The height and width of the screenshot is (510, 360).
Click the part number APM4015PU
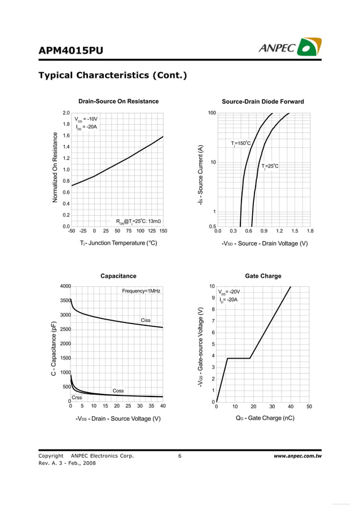(71, 51)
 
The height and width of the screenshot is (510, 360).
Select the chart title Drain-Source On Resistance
(118, 102)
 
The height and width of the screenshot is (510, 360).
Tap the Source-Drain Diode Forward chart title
(263, 102)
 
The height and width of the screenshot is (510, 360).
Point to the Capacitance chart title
(118, 276)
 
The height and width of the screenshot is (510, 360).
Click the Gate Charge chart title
(263, 276)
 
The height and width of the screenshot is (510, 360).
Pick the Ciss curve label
(146, 320)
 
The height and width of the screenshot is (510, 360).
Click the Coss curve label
(118, 390)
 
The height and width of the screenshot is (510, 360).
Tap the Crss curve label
(77, 398)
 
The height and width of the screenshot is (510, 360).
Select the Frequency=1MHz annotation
(141, 291)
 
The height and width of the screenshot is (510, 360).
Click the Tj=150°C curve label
(241, 143)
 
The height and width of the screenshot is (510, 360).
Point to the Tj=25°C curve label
(270, 166)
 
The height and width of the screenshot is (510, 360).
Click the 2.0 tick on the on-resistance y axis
(66, 113)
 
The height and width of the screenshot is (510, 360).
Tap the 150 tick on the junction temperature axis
(163, 230)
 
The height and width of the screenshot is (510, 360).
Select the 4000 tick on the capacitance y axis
(65, 286)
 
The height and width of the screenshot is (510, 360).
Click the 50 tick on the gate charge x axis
(309, 407)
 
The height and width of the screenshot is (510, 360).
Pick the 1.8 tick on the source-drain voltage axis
(310, 230)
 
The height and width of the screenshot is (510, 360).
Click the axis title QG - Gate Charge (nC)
(265, 419)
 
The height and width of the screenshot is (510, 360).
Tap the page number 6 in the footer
(179, 456)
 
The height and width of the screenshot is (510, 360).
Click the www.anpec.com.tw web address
(297, 456)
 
